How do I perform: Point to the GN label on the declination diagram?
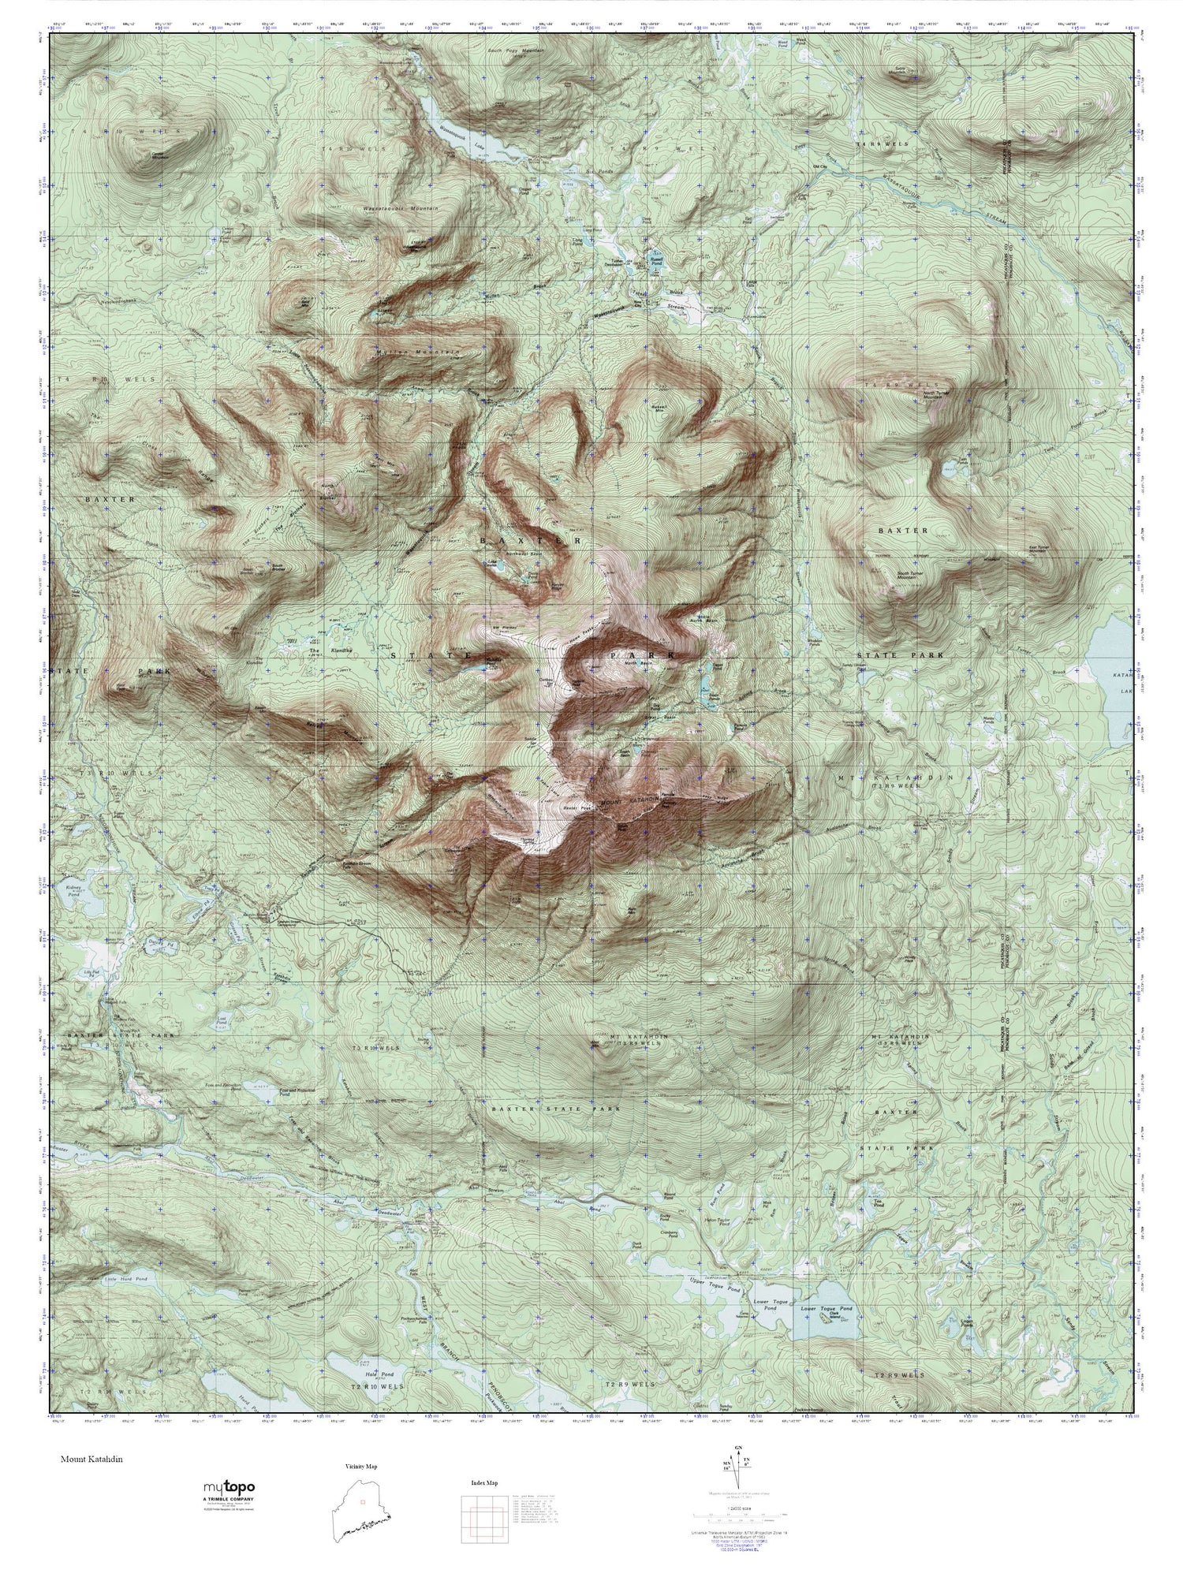coord(738,1448)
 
